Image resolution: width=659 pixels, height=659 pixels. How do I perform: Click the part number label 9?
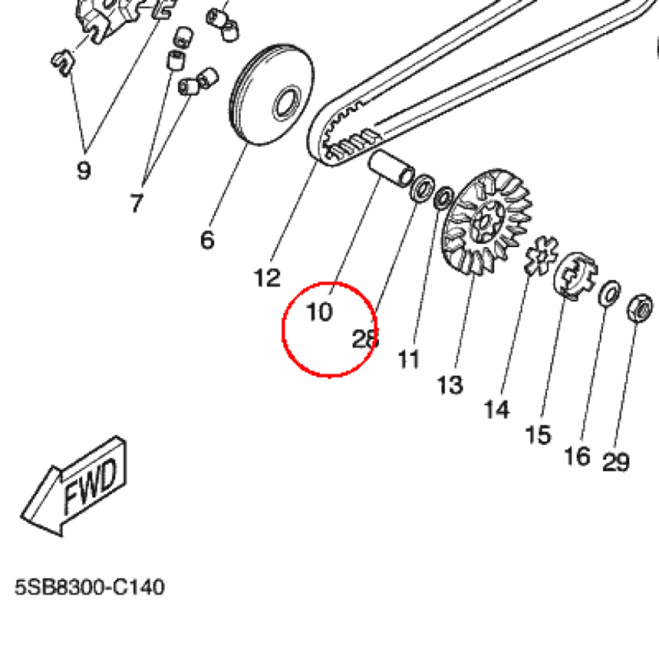(84, 170)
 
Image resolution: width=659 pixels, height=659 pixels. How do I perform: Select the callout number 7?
(136, 203)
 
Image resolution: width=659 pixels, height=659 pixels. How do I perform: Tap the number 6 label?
(207, 240)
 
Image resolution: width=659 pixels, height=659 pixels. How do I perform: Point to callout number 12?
(267, 278)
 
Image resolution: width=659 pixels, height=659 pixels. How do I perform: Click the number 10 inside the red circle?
(320, 312)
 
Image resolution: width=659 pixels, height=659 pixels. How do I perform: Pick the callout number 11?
(409, 359)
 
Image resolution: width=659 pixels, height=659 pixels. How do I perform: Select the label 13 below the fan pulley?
(450, 385)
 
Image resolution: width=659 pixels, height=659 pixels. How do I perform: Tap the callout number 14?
(497, 409)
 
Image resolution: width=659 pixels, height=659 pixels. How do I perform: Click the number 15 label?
(538, 434)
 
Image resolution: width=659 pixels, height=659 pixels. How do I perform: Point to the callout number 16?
(577, 456)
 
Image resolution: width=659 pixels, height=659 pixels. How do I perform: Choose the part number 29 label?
(616, 462)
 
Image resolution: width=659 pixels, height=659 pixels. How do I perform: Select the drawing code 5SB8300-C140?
(89, 587)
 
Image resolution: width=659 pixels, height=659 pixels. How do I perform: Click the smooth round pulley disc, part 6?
(272, 95)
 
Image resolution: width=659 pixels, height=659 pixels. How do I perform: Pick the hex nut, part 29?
(640, 308)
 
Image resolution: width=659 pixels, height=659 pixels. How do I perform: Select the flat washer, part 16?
(609, 293)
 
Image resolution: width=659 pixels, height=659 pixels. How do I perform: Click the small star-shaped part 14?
(541, 255)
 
